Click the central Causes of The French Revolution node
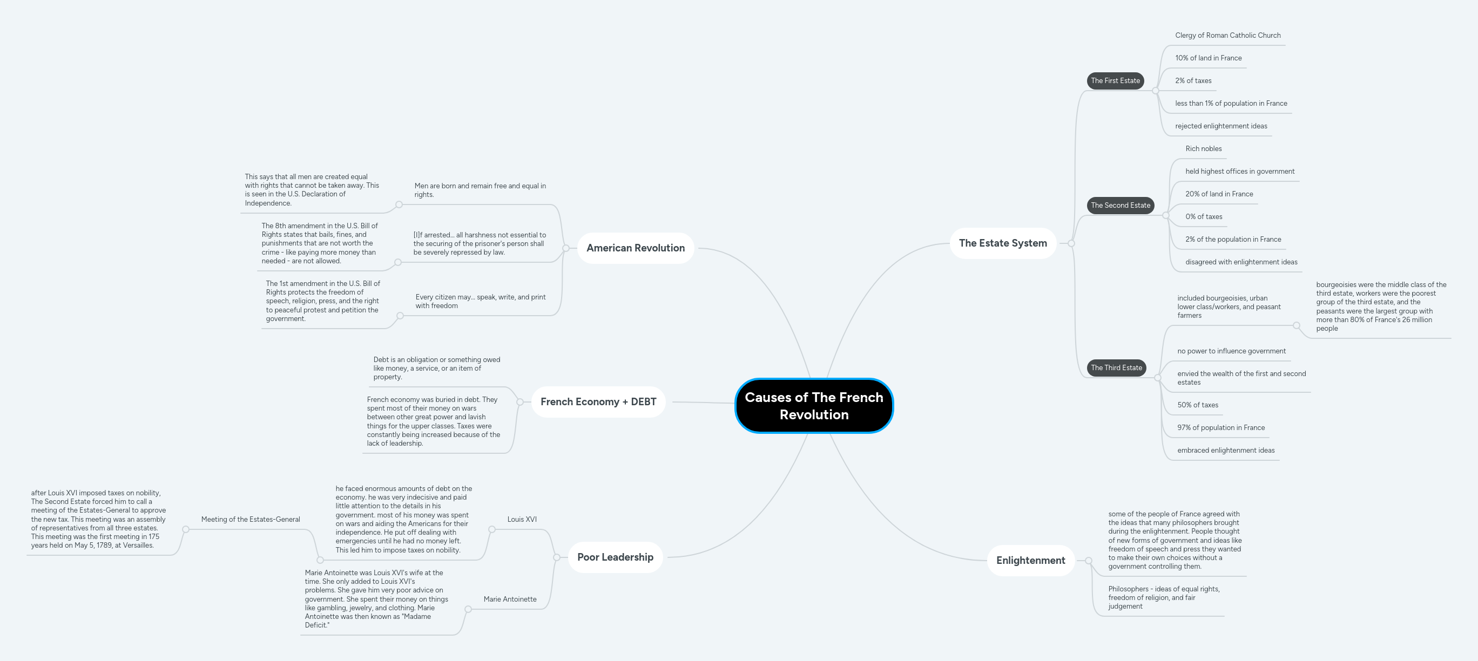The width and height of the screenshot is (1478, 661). click(814, 405)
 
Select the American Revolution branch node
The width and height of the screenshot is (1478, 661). click(635, 248)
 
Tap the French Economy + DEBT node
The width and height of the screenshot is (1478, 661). click(598, 401)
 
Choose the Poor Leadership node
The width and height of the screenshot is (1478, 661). click(615, 557)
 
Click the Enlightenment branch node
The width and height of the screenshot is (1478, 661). click(1030, 560)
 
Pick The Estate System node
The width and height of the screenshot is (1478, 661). click(1002, 243)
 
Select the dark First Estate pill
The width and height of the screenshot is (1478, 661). click(1115, 81)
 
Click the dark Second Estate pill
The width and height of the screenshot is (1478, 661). click(1120, 205)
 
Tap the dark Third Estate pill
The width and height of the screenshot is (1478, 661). click(1116, 367)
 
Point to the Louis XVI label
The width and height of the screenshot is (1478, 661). click(522, 520)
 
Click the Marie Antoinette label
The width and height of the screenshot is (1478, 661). click(510, 599)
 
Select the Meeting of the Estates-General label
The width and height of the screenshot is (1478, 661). click(250, 520)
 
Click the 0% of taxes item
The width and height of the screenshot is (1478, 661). click(1203, 217)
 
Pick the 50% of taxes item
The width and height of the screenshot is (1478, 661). click(1197, 405)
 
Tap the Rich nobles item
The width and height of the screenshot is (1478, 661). click(1203, 148)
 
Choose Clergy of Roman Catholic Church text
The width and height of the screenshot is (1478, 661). click(1227, 36)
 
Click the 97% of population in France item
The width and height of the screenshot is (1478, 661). click(1220, 428)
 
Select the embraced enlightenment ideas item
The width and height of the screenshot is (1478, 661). click(1226, 450)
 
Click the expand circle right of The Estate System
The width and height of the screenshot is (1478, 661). click(1071, 243)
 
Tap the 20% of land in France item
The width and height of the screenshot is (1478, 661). click(1219, 194)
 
